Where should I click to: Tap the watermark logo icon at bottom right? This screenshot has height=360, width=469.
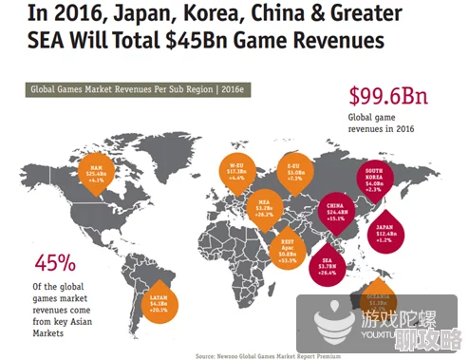pyautogui.click(x=329, y=323)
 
